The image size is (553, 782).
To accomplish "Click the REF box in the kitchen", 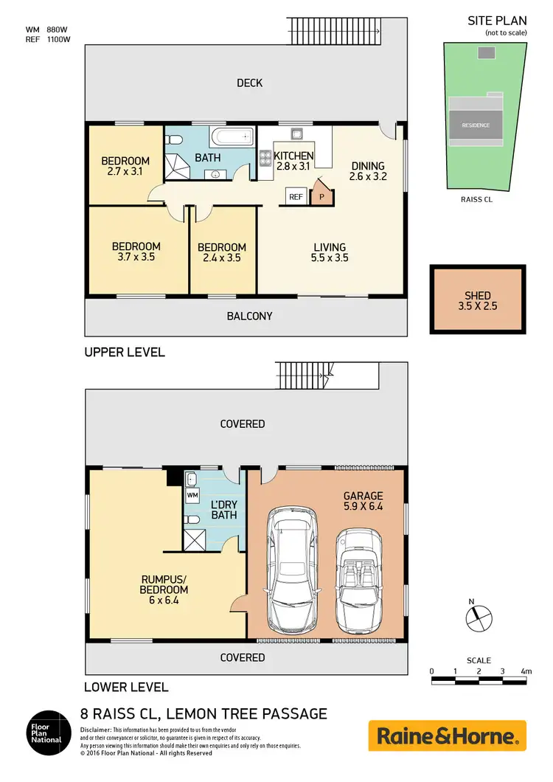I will point(296,197).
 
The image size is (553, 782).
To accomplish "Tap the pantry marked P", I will point(321,197).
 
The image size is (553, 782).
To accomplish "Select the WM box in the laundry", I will point(192,495).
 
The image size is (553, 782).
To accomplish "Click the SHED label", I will point(478,296).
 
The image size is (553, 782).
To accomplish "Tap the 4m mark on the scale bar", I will point(526,671).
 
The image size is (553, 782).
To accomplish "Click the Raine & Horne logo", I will point(448,736).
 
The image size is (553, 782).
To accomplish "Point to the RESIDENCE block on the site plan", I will point(476,125).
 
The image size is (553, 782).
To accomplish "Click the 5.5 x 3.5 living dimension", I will point(329,258).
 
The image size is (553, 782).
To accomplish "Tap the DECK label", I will point(249,83).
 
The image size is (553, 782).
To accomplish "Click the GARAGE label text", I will point(363,496).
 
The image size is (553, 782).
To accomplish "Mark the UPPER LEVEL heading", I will point(125,353).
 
